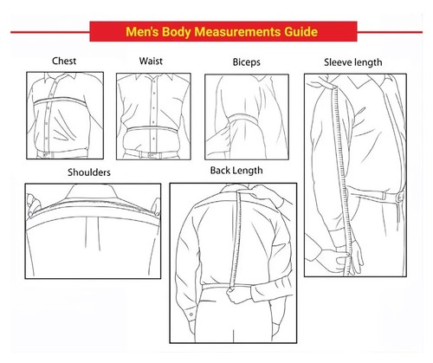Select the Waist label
tap(152, 62)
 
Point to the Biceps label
tap(247, 63)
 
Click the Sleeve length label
tap(352, 62)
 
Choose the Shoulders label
tap(88, 172)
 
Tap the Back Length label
tap(236, 170)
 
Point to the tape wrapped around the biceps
tap(238, 120)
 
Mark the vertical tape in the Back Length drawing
tap(236, 243)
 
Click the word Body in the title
tap(173, 33)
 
